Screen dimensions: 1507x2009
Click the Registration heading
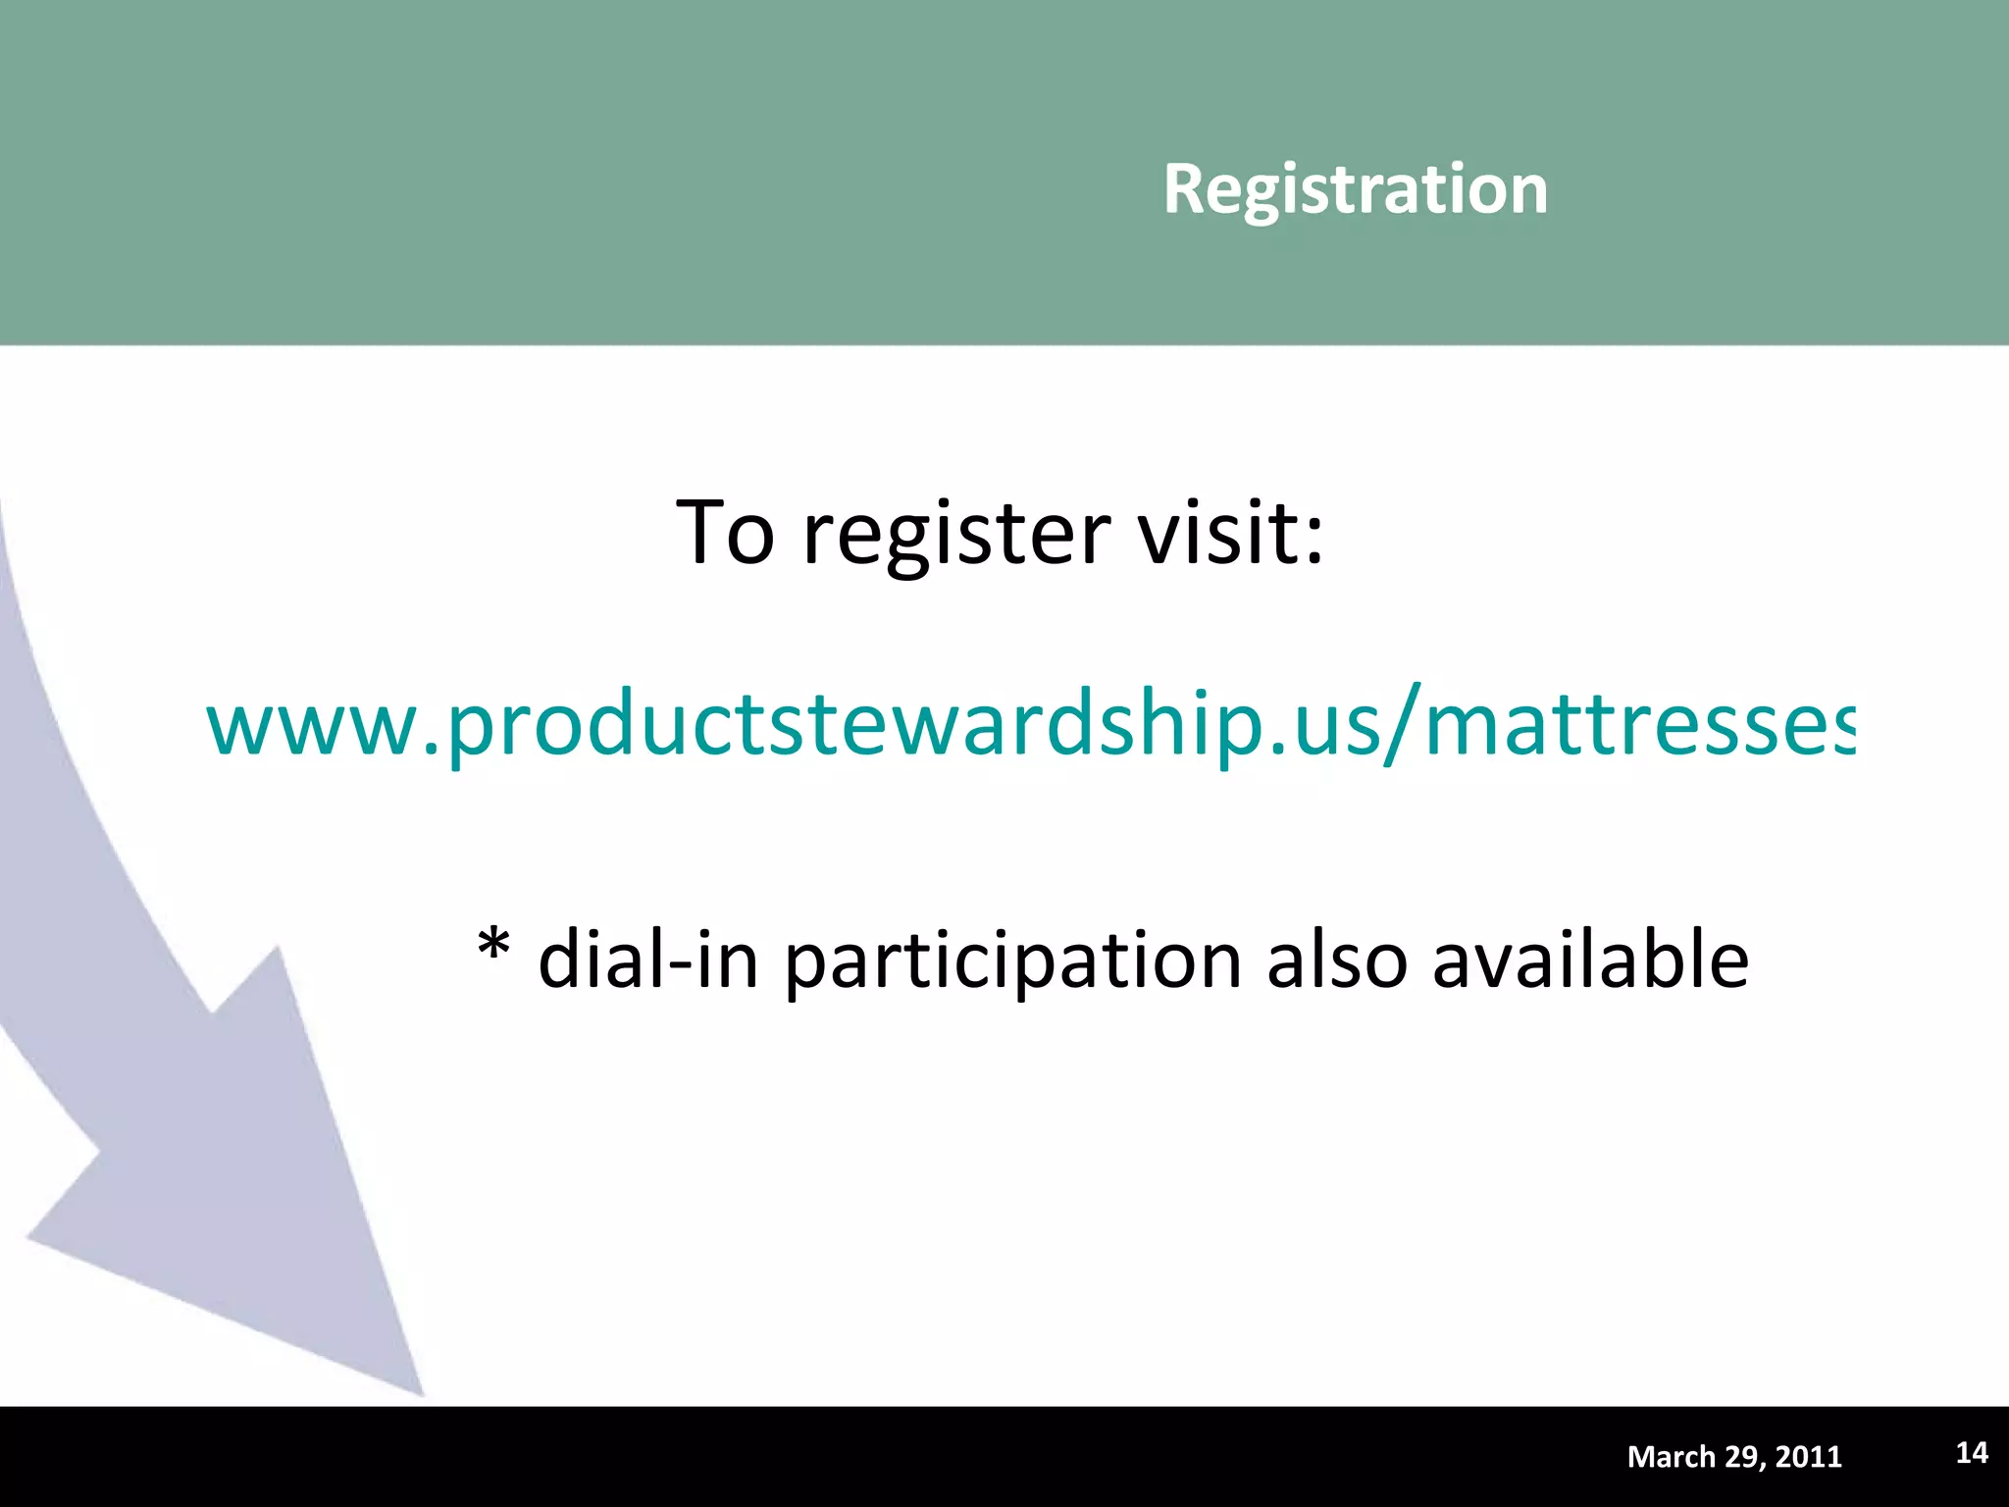[1355, 188]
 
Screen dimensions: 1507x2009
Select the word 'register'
[956, 535]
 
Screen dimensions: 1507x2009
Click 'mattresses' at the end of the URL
[1638, 726]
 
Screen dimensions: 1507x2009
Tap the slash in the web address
[1405, 726]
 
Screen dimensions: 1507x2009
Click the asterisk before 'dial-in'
[493, 948]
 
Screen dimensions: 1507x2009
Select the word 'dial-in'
[648, 960]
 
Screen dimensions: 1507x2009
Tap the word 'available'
[1589, 960]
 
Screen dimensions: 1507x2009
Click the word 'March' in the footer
[1671, 1457]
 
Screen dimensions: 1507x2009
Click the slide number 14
[1972, 1453]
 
